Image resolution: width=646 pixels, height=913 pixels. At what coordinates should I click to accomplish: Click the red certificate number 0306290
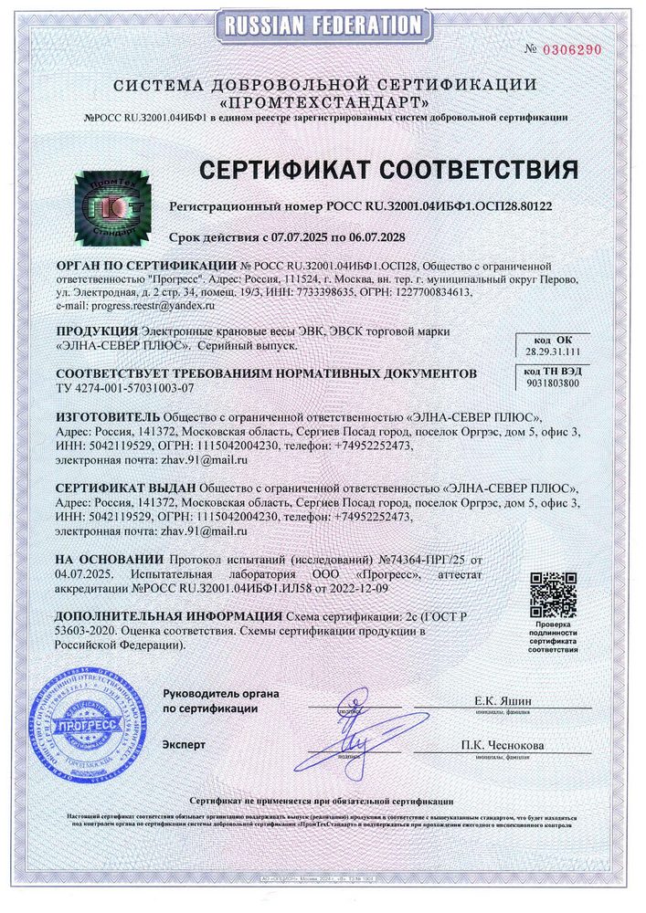pos(573,49)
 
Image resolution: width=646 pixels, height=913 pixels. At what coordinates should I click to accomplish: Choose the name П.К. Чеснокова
pos(503,746)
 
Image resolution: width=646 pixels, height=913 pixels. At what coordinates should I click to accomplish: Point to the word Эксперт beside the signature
pos(184,745)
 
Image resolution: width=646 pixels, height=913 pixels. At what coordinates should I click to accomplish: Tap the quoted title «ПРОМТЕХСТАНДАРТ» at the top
pos(323,100)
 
